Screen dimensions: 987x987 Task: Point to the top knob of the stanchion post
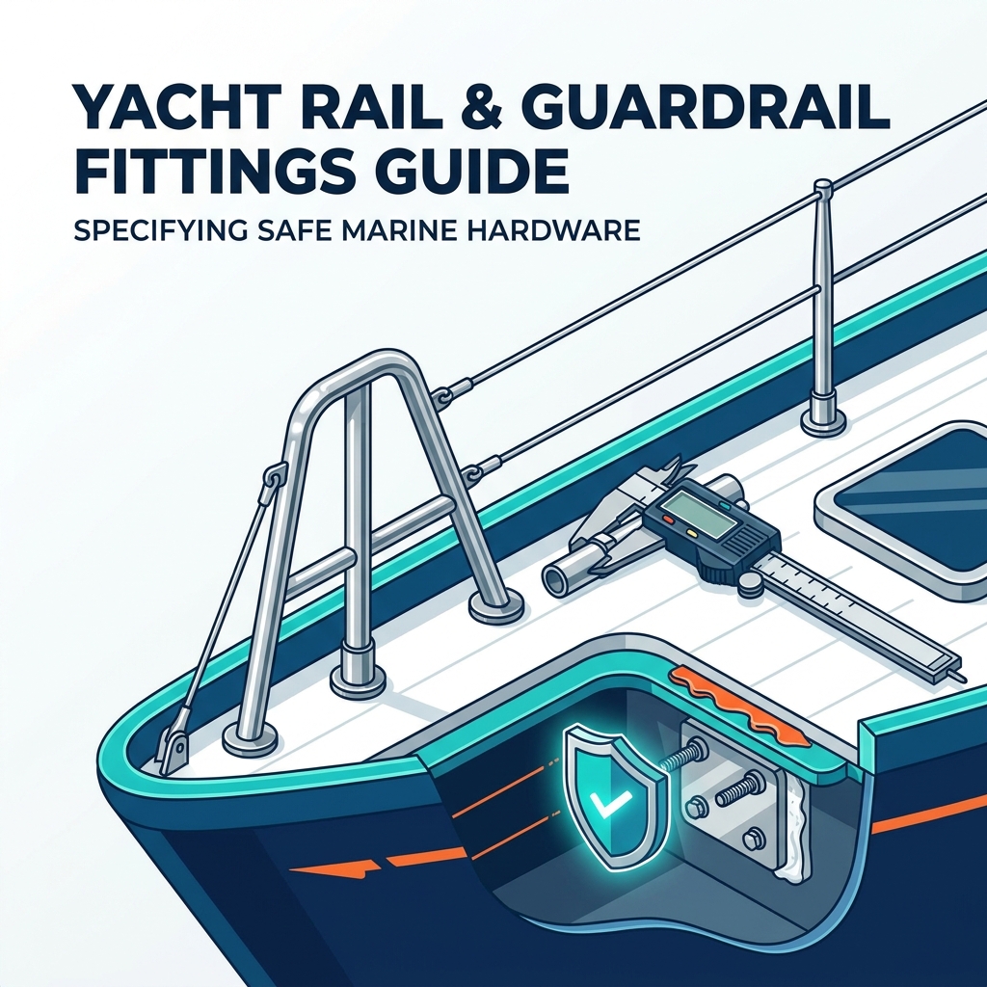click(x=823, y=186)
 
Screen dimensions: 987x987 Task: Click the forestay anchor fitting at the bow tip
click(x=175, y=749)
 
